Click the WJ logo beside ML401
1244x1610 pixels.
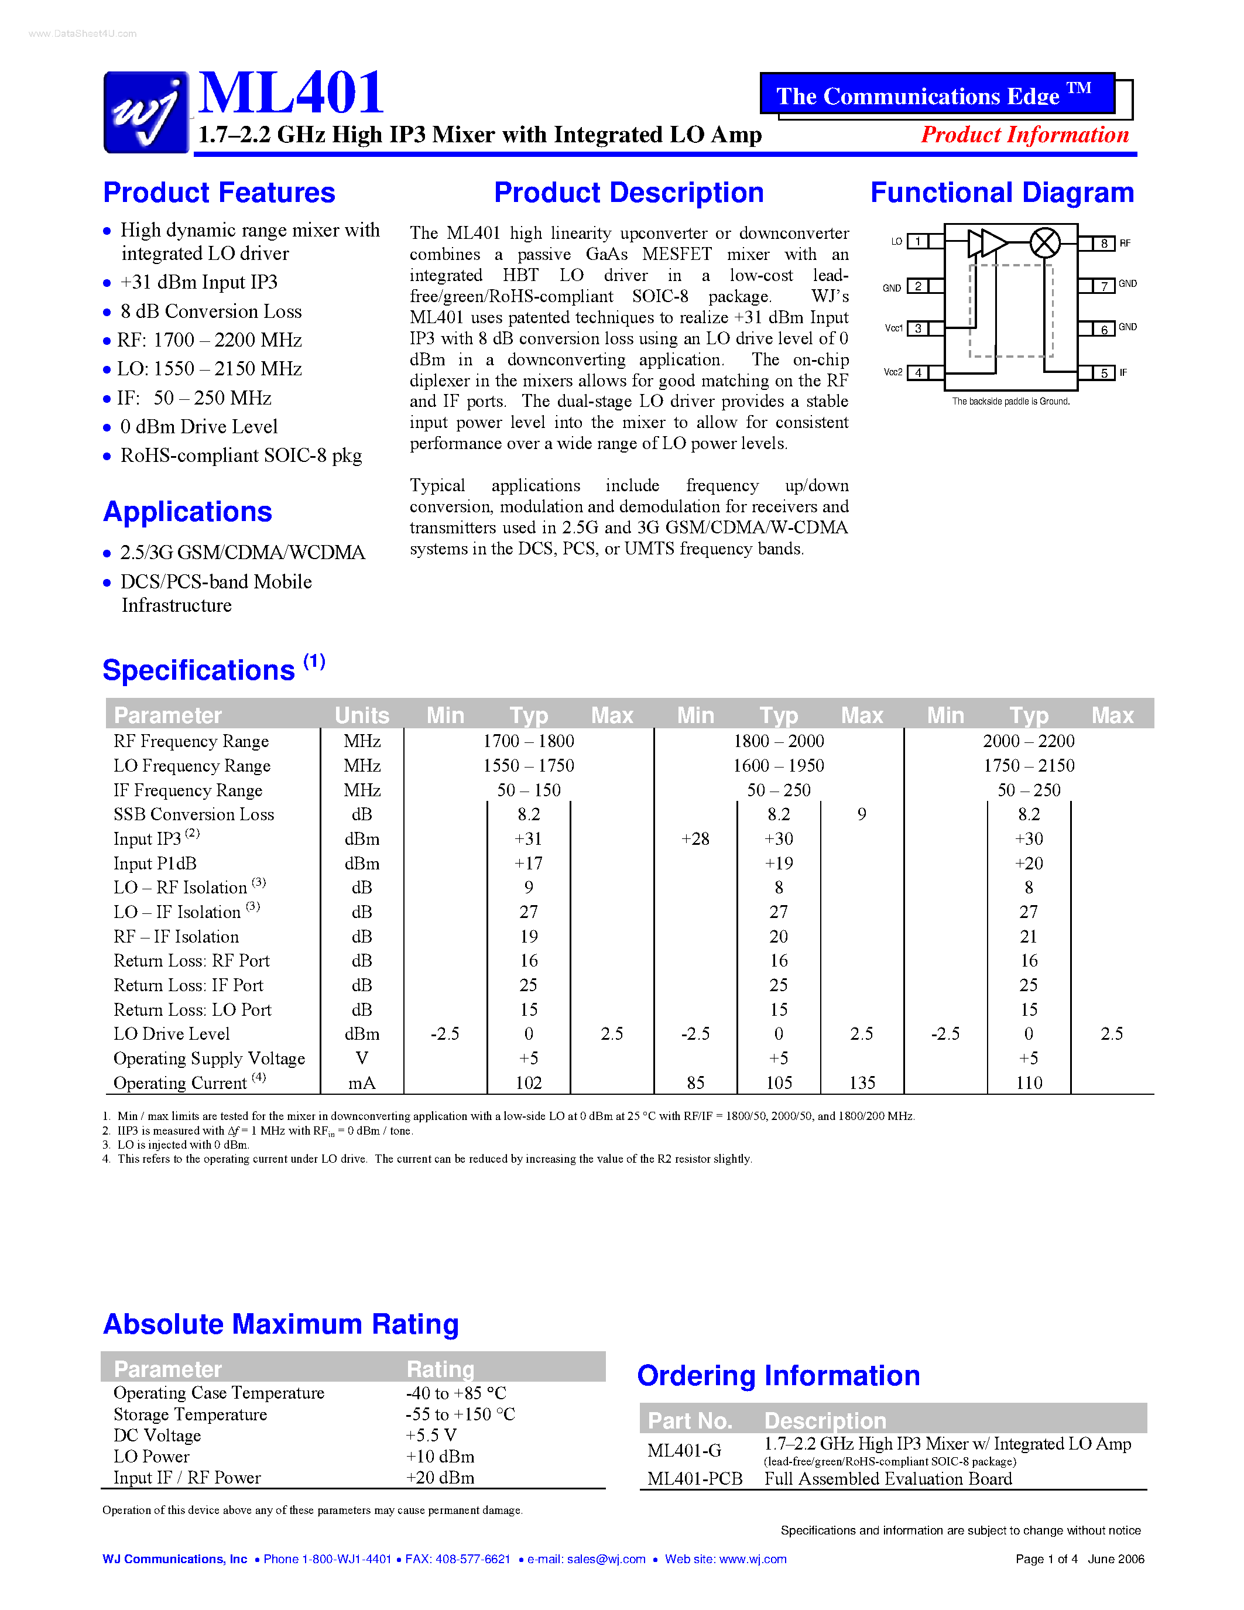point(146,112)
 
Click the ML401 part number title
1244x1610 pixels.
point(291,93)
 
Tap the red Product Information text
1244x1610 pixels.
point(1024,135)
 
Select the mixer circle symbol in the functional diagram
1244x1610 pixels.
point(1044,242)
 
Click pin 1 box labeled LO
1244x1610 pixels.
point(917,241)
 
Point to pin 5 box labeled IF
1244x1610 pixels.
point(1104,373)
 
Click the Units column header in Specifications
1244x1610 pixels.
point(361,715)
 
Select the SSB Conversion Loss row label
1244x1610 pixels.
point(194,814)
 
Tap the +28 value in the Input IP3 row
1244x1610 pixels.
point(695,839)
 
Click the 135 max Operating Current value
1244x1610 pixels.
point(862,1083)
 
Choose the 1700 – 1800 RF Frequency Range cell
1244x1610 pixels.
point(529,741)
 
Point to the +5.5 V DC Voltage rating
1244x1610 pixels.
point(431,1436)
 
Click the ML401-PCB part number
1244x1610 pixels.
point(694,1479)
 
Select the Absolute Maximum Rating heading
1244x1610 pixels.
point(281,1324)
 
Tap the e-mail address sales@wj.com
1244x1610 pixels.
point(606,1559)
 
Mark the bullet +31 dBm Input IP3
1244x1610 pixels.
point(199,282)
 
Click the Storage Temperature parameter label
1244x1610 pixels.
point(190,1414)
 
